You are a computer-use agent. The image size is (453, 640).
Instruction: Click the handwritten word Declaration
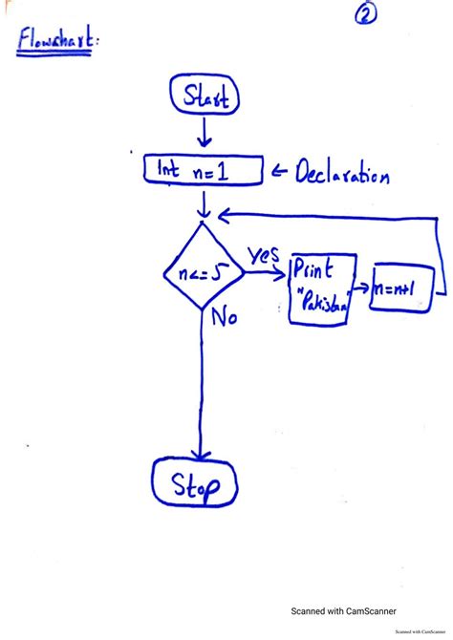click(x=342, y=172)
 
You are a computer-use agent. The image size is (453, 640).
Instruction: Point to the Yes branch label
click(x=264, y=255)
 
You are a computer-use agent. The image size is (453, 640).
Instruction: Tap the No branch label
click(x=225, y=316)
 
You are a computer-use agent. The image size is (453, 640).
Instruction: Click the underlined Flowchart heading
click(x=56, y=39)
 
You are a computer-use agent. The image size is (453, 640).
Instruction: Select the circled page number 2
click(x=366, y=14)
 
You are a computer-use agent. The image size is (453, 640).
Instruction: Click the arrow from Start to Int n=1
click(x=204, y=132)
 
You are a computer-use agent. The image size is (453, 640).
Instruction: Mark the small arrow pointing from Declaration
click(x=279, y=171)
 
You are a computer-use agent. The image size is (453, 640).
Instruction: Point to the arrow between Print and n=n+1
click(x=361, y=288)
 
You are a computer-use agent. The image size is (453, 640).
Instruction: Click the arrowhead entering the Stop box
click(x=200, y=455)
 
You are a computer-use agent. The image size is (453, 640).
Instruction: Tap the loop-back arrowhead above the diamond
click(x=225, y=215)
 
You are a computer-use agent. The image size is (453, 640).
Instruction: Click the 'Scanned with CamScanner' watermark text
click(x=343, y=611)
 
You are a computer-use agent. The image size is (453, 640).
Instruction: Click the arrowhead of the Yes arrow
click(x=281, y=274)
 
